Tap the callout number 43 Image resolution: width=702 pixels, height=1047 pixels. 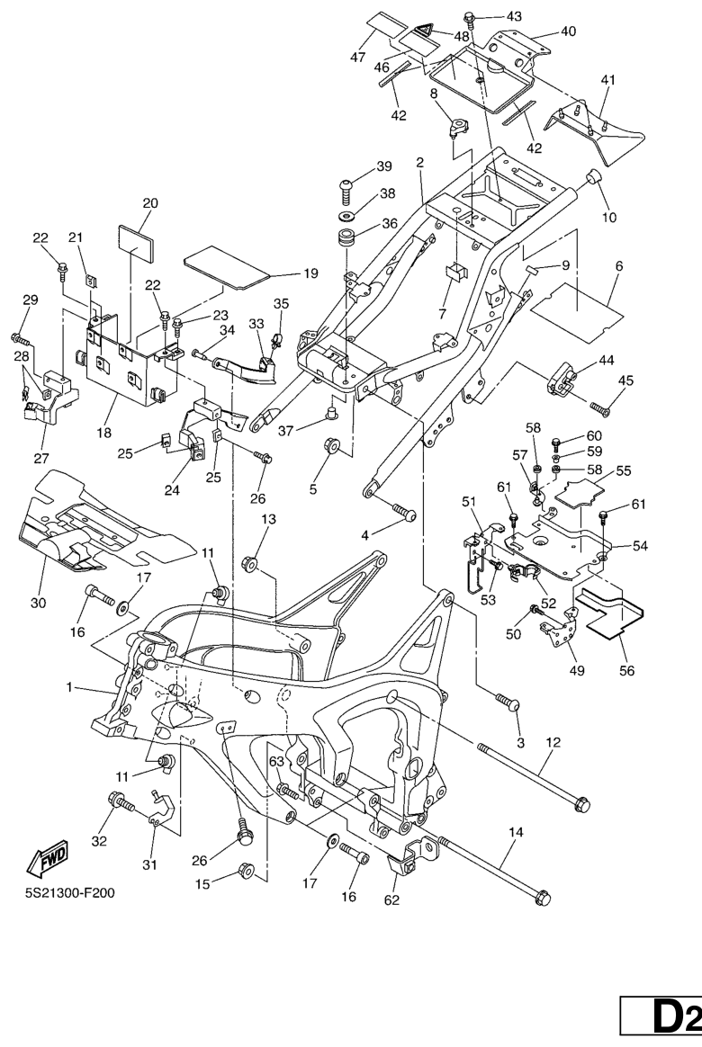[514, 17]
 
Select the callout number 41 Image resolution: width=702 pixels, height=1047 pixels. [608, 81]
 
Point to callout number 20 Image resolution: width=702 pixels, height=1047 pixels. [150, 203]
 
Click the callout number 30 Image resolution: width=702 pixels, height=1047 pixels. [38, 604]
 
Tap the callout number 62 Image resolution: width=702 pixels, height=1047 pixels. [392, 900]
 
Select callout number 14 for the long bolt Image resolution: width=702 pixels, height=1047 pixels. [516, 833]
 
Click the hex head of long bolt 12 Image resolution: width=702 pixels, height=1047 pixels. [583, 801]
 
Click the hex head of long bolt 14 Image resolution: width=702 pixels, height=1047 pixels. [543, 897]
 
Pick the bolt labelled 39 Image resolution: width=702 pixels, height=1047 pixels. [346, 186]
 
